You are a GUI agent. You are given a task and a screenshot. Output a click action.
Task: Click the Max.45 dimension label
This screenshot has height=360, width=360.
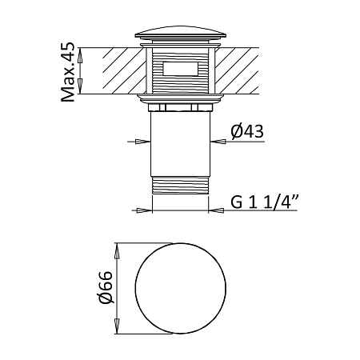67,72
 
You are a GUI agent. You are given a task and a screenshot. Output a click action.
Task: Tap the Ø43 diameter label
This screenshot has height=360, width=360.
247,131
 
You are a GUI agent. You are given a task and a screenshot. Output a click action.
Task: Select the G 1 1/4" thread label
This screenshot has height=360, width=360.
264,202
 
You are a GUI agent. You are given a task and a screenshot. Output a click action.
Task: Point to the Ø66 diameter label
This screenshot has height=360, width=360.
106,287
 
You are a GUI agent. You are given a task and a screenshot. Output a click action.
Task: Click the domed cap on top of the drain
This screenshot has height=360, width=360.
181,33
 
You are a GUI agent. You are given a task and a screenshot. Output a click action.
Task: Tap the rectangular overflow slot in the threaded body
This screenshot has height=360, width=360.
181,69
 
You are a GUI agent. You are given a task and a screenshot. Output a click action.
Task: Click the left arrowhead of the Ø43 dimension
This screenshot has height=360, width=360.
142,142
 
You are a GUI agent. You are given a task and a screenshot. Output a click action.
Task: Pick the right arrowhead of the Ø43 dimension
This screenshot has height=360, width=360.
218,142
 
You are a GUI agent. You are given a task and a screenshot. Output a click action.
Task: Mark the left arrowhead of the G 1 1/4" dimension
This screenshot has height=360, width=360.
144,210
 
